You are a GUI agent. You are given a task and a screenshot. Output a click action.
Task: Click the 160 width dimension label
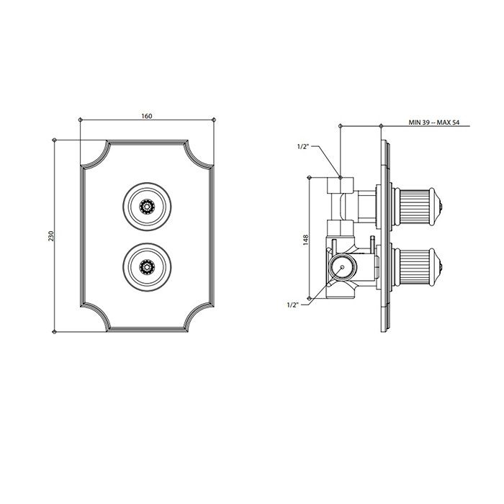click(147, 116)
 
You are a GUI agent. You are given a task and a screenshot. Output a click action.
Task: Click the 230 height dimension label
click(51, 236)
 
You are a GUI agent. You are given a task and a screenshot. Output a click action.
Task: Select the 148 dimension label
click(305, 240)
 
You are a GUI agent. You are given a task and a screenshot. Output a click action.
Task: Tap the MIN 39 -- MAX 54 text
click(434, 122)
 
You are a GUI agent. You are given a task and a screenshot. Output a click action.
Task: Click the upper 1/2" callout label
click(303, 147)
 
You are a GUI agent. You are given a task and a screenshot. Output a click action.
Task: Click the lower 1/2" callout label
click(292, 305)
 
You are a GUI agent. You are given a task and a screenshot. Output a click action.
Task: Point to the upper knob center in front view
click(147, 207)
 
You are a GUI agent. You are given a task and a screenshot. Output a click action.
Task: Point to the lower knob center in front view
click(147, 266)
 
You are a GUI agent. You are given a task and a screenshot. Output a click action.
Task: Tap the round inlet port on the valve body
click(342, 267)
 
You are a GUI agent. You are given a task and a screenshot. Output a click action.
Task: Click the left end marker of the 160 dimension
click(81, 120)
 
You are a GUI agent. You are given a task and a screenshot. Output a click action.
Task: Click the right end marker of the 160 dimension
click(214, 120)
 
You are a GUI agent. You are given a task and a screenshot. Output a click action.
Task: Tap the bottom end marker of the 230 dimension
click(54, 332)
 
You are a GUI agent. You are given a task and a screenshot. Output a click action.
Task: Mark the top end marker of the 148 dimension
click(309, 177)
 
